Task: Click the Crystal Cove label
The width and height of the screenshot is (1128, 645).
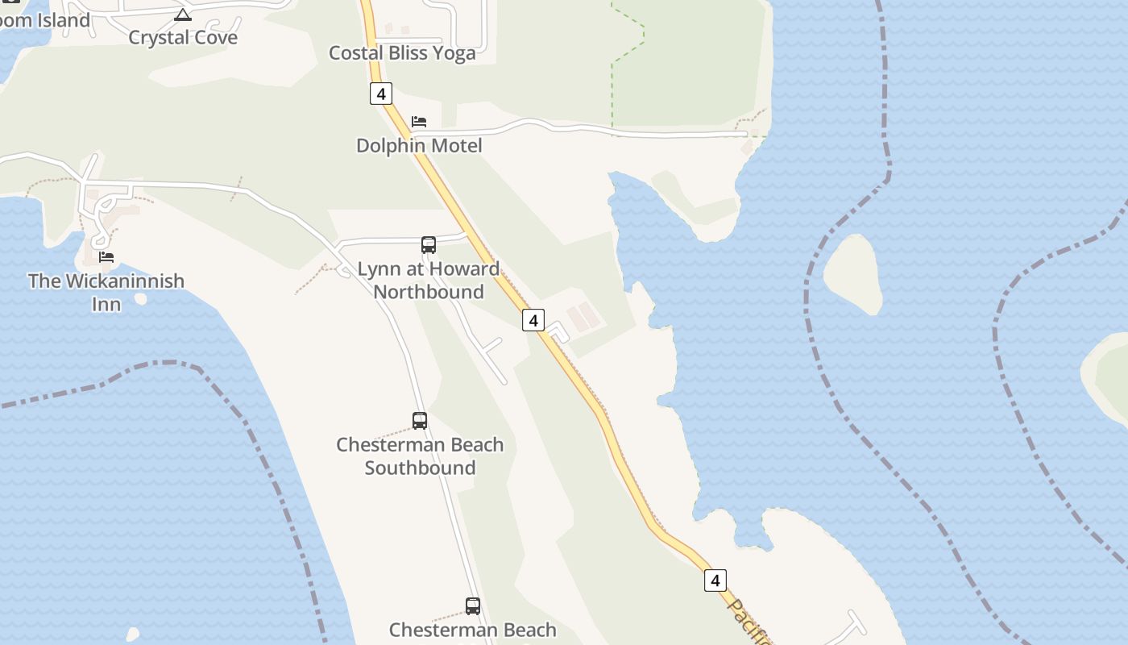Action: pyautogui.click(x=183, y=38)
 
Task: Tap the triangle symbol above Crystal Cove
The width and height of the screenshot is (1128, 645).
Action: pyautogui.click(x=183, y=15)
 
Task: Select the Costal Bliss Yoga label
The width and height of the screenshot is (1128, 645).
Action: pyautogui.click(x=402, y=53)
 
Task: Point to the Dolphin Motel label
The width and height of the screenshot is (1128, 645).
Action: pyautogui.click(x=419, y=146)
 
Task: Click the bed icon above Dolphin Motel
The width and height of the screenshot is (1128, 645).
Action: pyautogui.click(x=419, y=122)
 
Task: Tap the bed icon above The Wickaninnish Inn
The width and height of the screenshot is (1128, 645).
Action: pyautogui.click(x=106, y=257)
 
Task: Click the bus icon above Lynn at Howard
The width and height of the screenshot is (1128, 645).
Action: pyautogui.click(x=429, y=245)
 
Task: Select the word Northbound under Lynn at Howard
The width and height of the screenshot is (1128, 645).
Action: pyautogui.click(x=429, y=292)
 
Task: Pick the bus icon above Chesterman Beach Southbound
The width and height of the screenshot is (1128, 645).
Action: pyautogui.click(x=420, y=421)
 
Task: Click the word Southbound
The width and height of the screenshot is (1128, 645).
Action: pyautogui.click(x=420, y=468)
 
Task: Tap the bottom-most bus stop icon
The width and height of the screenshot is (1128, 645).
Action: pyautogui.click(x=473, y=606)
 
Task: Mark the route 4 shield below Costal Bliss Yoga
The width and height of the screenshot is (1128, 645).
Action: pyautogui.click(x=381, y=94)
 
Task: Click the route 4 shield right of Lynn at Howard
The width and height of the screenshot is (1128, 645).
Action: pyautogui.click(x=533, y=320)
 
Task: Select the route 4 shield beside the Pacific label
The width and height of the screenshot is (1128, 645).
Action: pyautogui.click(x=715, y=580)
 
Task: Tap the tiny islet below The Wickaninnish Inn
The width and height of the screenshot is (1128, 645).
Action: pyautogui.click(x=141, y=299)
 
